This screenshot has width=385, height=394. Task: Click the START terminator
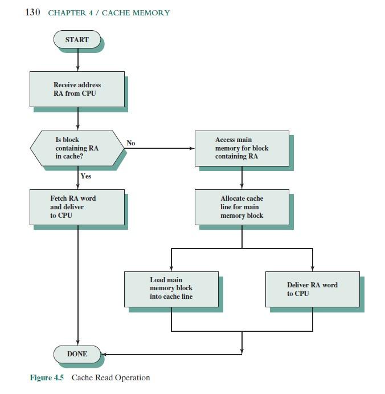77,40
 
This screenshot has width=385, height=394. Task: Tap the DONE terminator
77,354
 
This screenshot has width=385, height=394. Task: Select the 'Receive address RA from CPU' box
77,89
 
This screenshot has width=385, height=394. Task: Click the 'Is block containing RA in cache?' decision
77,148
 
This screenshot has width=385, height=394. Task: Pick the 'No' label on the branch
131,143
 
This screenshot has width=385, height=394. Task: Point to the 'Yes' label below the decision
86,176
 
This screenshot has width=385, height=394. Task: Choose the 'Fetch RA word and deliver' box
77,207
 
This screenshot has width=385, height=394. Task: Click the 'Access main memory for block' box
241,148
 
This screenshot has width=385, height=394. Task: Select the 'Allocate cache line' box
241,207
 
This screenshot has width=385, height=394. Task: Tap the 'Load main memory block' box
171,289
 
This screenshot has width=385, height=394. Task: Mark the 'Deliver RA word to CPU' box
312,289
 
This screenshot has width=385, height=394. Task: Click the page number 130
32,13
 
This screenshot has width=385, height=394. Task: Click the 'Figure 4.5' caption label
47,377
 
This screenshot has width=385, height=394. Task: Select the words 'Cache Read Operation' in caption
110,377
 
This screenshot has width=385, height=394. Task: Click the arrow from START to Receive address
77,60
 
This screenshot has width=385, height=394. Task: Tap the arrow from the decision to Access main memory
159,148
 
